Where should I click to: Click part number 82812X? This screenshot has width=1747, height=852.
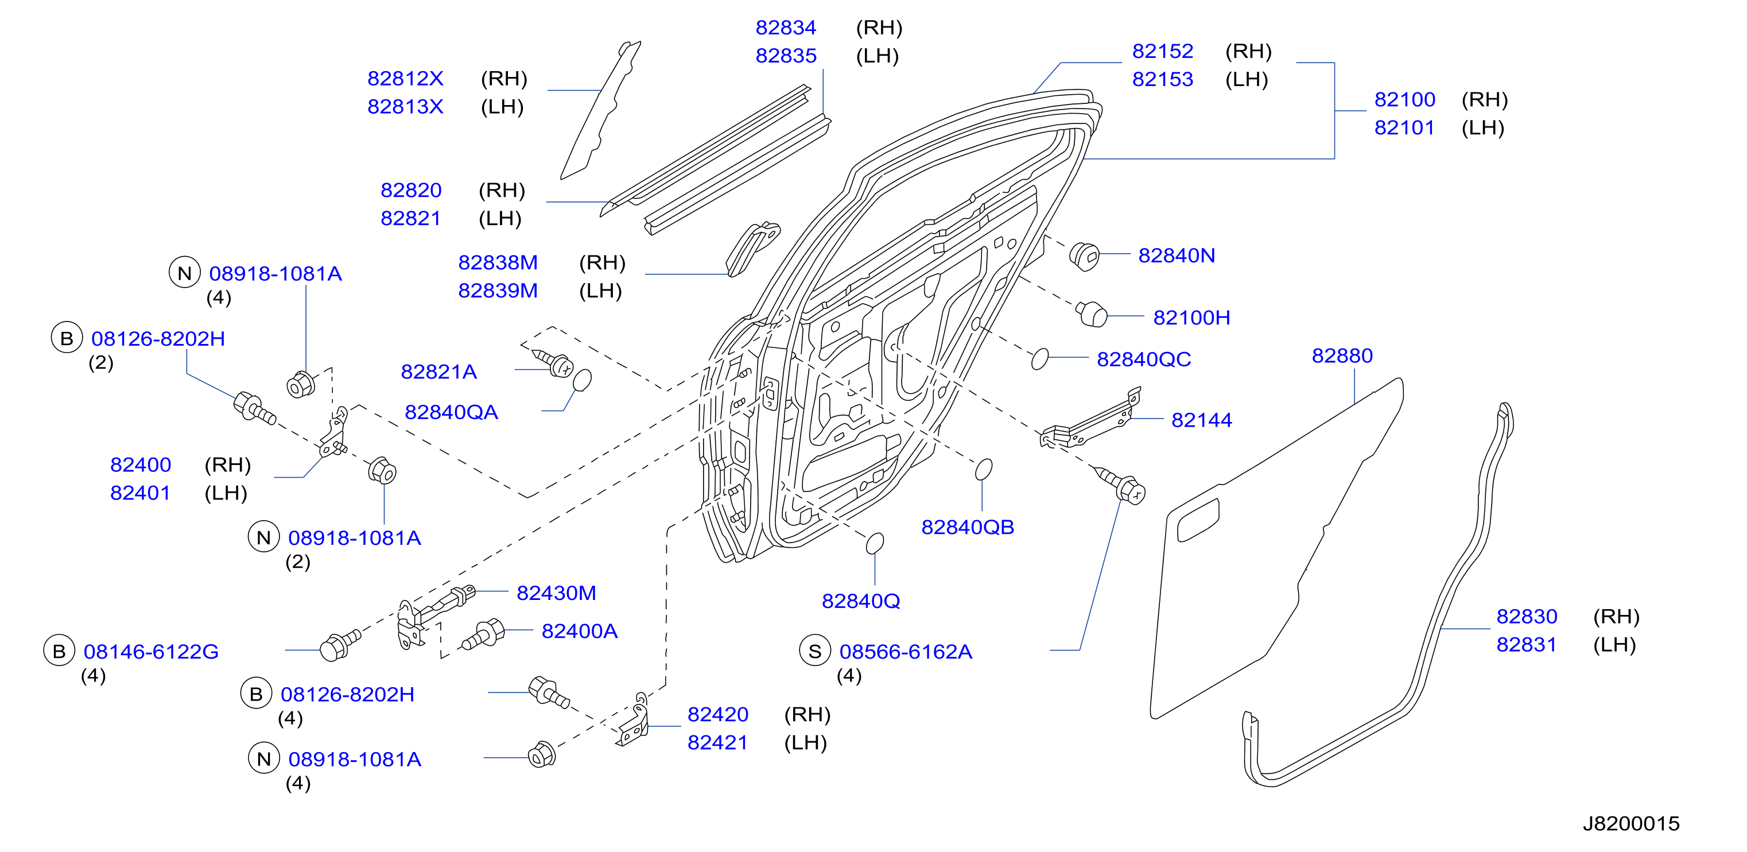405,79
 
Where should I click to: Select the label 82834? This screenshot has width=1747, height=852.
786,28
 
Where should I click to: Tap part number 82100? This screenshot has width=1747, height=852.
1404,100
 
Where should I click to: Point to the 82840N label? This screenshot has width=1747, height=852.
1177,255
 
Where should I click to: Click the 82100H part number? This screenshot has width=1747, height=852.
1191,317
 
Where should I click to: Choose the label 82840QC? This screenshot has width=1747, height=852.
1144,359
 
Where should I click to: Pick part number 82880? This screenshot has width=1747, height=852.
1342,355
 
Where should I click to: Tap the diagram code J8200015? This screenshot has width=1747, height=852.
1631,823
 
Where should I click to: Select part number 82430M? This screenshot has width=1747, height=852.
556,593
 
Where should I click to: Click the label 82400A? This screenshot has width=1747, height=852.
579,631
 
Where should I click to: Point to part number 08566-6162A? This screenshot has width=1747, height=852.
906,651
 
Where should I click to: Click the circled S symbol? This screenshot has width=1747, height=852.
815,651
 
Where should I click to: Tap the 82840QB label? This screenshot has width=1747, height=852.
968,527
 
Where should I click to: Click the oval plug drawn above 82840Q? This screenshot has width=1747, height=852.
875,543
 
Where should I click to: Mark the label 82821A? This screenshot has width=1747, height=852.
439,371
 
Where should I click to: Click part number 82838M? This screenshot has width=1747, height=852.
498,262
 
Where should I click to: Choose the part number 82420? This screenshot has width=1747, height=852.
717,714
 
